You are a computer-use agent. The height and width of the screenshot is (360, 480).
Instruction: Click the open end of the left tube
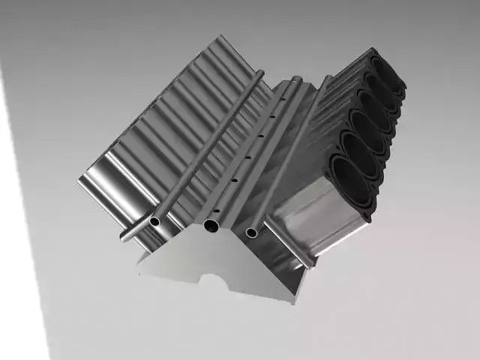(x=155, y=221)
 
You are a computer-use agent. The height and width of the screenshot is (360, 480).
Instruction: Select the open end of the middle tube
(x=212, y=226)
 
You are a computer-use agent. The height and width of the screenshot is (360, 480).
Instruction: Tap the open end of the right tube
(x=252, y=232)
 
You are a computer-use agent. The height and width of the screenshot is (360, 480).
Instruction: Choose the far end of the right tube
(x=328, y=77)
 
